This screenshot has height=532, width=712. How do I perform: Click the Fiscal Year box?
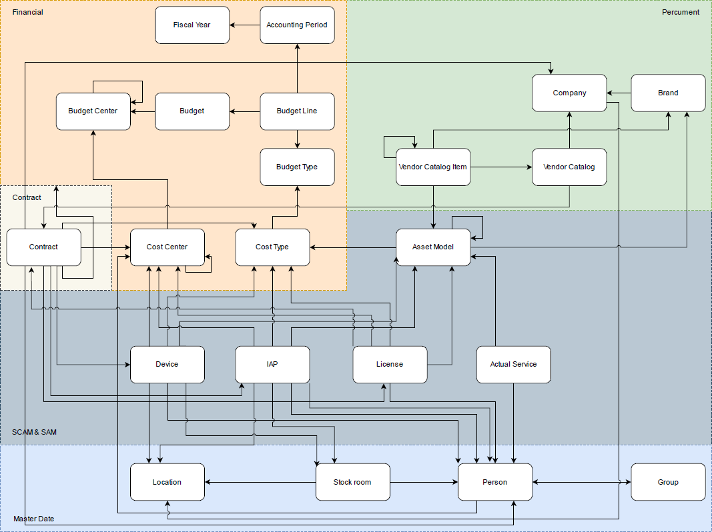(x=192, y=25)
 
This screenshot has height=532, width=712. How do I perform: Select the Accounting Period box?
(x=297, y=25)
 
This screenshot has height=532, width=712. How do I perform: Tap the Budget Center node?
(x=93, y=111)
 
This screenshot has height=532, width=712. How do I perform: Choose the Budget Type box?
(x=297, y=167)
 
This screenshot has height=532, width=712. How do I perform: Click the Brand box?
(x=668, y=93)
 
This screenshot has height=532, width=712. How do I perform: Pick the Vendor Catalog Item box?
(x=432, y=167)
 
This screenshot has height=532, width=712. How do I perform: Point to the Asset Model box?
(x=433, y=247)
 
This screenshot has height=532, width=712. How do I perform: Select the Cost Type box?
(x=272, y=247)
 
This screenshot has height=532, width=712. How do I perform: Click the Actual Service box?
(x=513, y=365)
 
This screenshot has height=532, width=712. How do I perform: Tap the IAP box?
(x=272, y=365)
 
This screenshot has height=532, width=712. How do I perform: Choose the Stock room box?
(x=352, y=482)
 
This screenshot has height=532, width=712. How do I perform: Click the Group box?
(x=668, y=482)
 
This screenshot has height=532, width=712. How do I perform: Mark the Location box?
(x=167, y=482)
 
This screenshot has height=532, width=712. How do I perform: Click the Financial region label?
(x=27, y=12)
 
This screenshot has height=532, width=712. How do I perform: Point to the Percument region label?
(x=681, y=12)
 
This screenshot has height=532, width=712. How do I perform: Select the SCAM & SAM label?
(x=34, y=432)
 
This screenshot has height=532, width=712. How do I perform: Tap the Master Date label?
(x=34, y=519)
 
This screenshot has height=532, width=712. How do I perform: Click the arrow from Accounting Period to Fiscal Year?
(x=245, y=25)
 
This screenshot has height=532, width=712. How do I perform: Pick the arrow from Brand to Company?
(x=619, y=93)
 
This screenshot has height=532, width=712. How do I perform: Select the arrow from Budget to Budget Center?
(x=143, y=111)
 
